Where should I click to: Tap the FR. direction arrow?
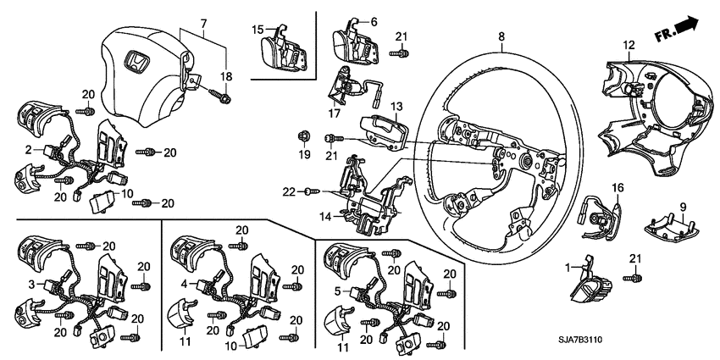coord(682,30)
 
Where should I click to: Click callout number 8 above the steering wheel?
coord(501,36)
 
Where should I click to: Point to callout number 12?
coord(629,45)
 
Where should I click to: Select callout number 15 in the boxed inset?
coord(258,30)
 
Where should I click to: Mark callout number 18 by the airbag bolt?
coord(225,77)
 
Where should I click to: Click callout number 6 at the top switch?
coord(374,21)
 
